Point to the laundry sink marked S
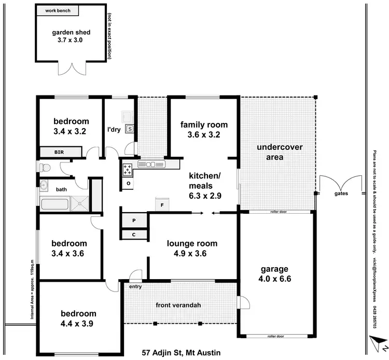pyautogui.click(x=130, y=128)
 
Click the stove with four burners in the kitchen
pyautogui.click(x=127, y=168)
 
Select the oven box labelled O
pyautogui.click(x=128, y=183)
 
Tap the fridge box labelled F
pyautogui.click(x=162, y=205)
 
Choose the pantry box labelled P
pyautogui.click(x=134, y=220)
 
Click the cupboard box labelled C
pyautogui.click(x=134, y=234)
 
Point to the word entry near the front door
pyautogui.click(x=135, y=286)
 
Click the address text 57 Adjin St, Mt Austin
pyautogui.click(x=181, y=353)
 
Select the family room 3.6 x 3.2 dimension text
pyautogui.click(x=204, y=135)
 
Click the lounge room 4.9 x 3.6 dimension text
pyautogui.click(x=192, y=254)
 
